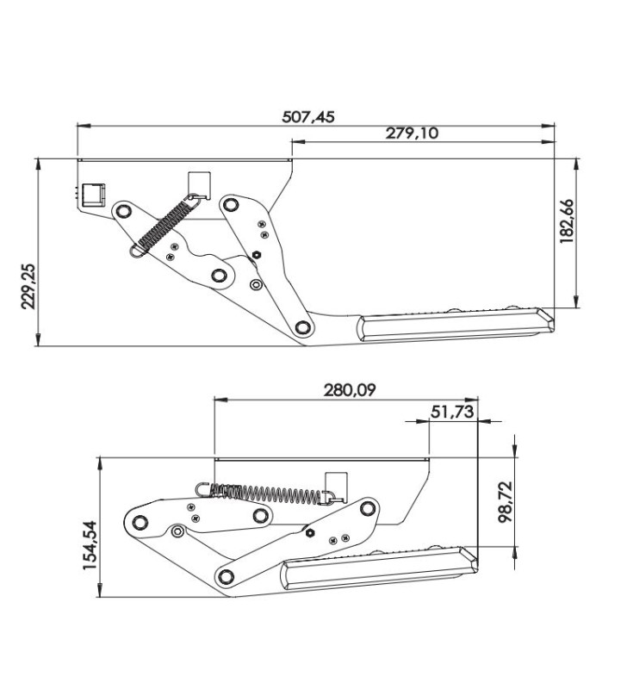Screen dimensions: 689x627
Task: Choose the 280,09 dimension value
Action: pos(350,390)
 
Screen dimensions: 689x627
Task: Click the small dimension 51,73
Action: pos(451,413)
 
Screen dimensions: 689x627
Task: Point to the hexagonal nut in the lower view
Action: pos(308,532)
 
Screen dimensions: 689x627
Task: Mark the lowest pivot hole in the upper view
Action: pos(301,327)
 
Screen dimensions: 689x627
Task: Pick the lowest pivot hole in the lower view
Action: pos(227,575)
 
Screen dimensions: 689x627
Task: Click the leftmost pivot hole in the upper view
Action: pos(123,211)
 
